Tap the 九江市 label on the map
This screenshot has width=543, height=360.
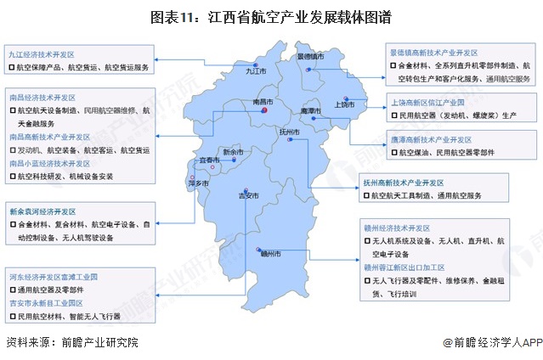click(257, 72)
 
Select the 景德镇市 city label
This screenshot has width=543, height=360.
click(311, 57)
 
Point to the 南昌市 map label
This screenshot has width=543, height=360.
click(264, 102)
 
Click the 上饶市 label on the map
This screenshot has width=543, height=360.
click(344, 104)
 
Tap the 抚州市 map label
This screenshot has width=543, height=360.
click(291, 132)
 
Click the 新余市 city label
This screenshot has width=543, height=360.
click(232, 153)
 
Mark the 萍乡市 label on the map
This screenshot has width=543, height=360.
click(198, 183)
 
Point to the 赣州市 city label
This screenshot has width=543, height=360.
click(270, 253)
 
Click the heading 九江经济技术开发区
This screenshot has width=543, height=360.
click(42, 53)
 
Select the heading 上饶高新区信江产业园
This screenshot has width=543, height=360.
click(426, 99)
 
